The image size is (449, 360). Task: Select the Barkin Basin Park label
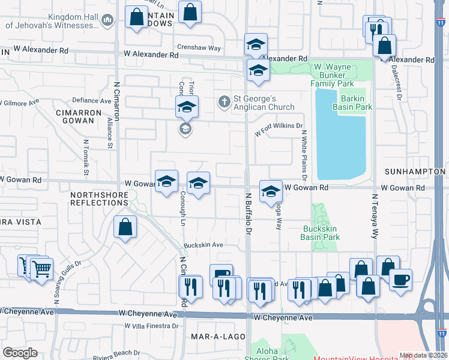point(356,103)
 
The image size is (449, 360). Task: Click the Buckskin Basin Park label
point(320,233)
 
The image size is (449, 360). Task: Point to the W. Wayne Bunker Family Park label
point(328,75)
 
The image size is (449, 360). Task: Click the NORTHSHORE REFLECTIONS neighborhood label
point(99,199)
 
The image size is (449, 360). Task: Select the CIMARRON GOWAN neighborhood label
point(77,116)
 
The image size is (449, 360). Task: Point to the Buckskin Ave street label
point(203,245)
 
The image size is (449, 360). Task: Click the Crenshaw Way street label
point(199,47)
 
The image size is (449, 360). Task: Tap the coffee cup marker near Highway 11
point(400,279)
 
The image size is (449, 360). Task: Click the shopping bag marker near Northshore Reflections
point(125,227)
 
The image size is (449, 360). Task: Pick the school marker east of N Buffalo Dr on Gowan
point(271,191)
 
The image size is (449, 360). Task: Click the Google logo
point(20,353)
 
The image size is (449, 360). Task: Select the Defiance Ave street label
point(92,100)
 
